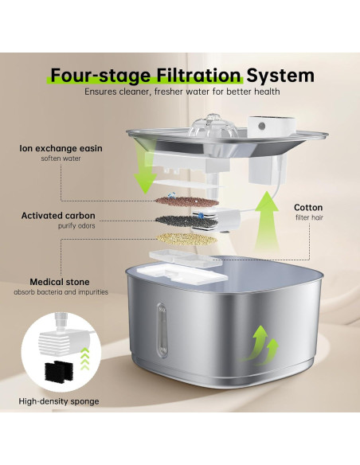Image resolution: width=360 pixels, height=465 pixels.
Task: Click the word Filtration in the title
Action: tap(198, 76)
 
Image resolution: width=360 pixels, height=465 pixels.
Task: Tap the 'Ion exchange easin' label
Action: tap(61, 148)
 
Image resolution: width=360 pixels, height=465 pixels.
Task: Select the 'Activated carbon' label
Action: tap(58, 216)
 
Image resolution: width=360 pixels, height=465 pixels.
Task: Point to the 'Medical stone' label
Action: tap(59, 282)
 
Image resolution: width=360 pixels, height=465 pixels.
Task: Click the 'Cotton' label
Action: tap(308, 207)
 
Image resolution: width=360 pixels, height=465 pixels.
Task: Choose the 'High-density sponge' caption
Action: tap(59, 401)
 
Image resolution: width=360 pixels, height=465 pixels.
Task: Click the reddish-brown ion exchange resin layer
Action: tap(187, 202)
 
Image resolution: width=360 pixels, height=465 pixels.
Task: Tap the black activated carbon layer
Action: tap(186, 221)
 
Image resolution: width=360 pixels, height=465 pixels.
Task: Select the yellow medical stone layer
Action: tap(186, 239)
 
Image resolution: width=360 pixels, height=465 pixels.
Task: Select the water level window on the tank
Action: tap(162, 330)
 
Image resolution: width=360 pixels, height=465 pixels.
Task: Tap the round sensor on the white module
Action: tap(261, 127)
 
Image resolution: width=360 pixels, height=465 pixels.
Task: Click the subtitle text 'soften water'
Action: tap(61, 158)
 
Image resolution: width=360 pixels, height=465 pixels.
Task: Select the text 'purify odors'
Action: tap(76, 225)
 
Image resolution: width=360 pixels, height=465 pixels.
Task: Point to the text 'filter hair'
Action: tap(309, 217)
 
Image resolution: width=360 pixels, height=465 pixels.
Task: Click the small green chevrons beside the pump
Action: tap(84, 359)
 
